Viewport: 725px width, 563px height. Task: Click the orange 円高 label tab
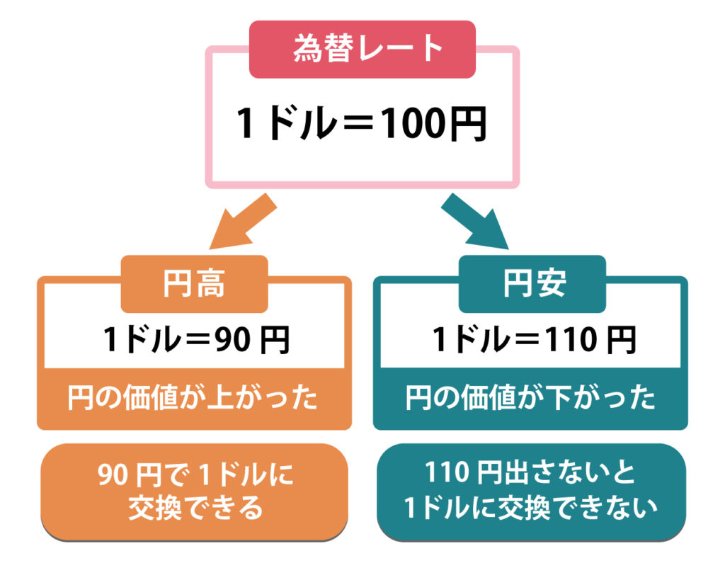(194, 283)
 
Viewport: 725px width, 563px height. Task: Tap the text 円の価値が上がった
(193, 399)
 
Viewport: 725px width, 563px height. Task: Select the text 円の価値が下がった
(530, 399)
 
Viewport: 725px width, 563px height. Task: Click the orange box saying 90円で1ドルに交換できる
(195, 490)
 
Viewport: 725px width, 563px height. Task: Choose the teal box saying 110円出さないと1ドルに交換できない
(531, 490)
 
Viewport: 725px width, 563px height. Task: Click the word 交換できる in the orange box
(195, 508)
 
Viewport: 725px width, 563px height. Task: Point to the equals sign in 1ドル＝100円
(343, 125)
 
